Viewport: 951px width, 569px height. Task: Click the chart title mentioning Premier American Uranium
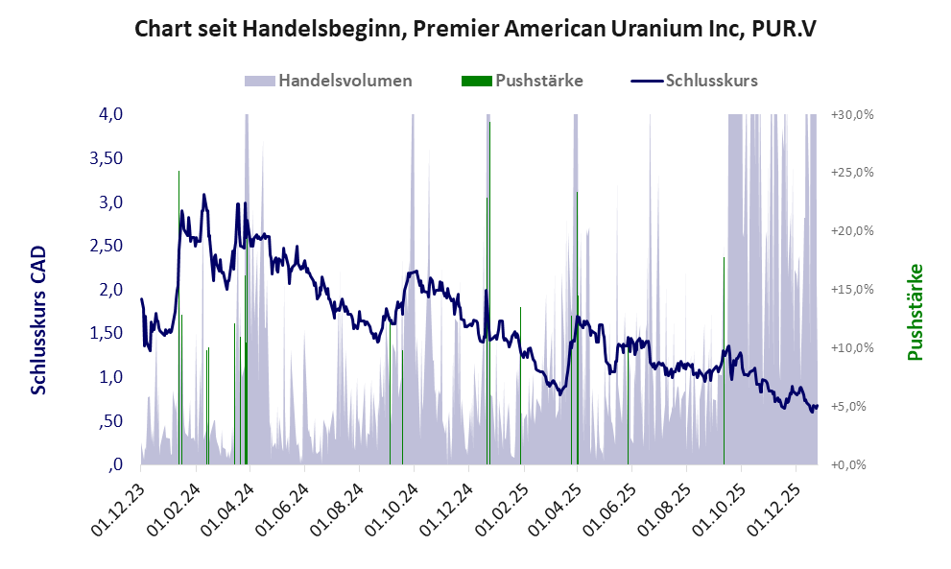tap(475, 28)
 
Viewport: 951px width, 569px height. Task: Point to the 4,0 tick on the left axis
tap(110, 114)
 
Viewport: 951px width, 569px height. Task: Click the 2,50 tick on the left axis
tap(106, 246)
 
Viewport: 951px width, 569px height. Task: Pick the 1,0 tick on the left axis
tap(110, 377)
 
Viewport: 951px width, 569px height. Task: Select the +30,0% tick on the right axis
tap(850, 114)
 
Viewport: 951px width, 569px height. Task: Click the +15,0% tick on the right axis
tap(850, 290)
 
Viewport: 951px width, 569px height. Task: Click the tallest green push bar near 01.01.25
tap(489, 288)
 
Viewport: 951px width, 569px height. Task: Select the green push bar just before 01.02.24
tap(178, 317)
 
